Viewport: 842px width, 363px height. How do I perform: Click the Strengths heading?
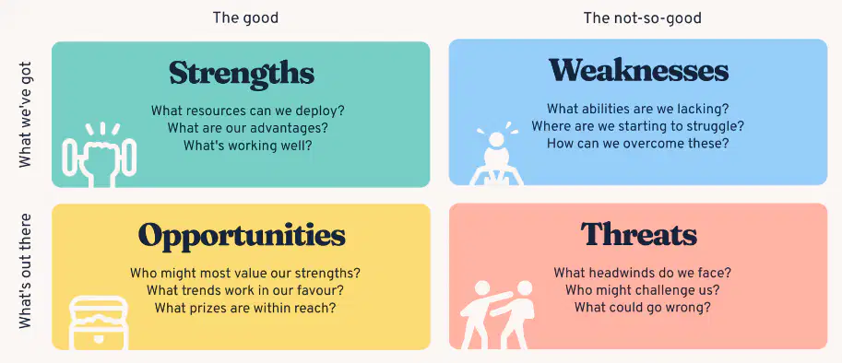point(242,74)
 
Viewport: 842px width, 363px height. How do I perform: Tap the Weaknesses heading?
point(638,70)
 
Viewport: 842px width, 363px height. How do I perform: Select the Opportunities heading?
point(242,235)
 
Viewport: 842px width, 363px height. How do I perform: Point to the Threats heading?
point(638,234)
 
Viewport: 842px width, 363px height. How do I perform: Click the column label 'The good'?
point(245,18)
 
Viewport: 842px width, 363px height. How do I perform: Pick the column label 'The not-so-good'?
point(642,18)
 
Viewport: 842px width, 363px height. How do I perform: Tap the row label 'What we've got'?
point(25,115)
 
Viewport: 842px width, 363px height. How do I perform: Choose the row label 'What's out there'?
point(25,271)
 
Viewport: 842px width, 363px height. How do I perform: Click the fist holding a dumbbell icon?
point(100,155)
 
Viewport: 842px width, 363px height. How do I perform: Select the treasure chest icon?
point(99,322)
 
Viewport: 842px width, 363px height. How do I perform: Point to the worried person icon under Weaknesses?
point(496,154)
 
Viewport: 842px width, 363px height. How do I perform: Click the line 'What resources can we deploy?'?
point(247,111)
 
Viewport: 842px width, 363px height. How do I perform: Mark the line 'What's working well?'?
point(247,146)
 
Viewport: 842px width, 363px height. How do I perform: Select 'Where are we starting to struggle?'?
point(638,126)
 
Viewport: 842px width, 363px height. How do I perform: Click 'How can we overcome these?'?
point(638,144)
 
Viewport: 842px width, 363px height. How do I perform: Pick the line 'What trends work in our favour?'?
point(245,290)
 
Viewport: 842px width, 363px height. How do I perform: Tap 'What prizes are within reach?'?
point(245,309)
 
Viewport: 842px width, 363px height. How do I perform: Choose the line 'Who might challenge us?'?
point(642,290)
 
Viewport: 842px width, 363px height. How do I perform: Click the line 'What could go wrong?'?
point(642,308)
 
